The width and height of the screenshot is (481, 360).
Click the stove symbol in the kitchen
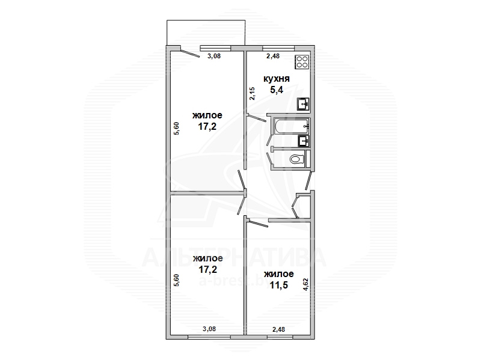pyautogui.click(x=302, y=62)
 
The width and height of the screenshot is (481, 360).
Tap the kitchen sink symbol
pyautogui.click(x=303, y=104)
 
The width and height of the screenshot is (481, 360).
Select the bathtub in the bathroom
pyautogui.click(x=291, y=126)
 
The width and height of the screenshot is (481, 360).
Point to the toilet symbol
pyautogui.click(x=296, y=159)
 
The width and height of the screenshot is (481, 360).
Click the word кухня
pyautogui.click(x=277, y=79)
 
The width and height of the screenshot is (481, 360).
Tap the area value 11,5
pyautogui.click(x=279, y=285)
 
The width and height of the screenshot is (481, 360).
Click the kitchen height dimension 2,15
pyautogui.click(x=252, y=94)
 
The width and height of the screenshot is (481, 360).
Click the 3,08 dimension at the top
pyautogui.click(x=214, y=56)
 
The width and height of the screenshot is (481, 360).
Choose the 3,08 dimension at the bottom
pyautogui.click(x=209, y=329)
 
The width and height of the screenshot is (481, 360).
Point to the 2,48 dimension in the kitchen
pyautogui.click(x=273, y=56)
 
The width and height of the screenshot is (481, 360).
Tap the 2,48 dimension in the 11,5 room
pyautogui.click(x=278, y=329)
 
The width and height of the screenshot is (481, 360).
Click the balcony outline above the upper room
pyautogui.click(x=206, y=20)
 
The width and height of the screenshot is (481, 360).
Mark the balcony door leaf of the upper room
pyautogui.click(x=190, y=53)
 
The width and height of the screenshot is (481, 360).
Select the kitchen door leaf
pyautogui.click(x=257, y=118)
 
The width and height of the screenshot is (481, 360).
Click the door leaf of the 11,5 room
pyautogui.click(x=258, y=223)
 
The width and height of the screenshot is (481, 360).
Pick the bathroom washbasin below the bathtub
pyautogui.click(x=304, y=141)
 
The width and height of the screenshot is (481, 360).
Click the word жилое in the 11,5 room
pyautogui.click(x=279, y=273)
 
